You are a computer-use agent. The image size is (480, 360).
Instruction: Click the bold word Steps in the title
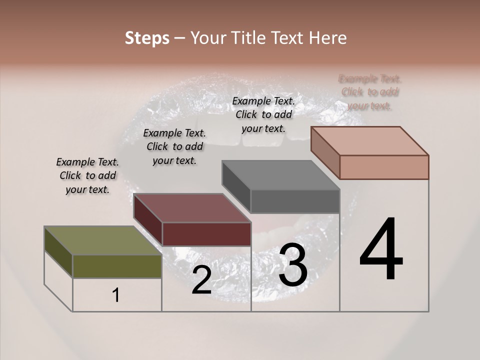point(147,38)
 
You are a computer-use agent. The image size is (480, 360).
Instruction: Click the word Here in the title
point(327,38)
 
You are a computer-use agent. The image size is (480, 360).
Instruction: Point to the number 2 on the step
point(201,280)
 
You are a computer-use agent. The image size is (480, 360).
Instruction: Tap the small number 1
point(116,295)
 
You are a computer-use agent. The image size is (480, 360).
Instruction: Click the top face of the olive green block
point(102,241)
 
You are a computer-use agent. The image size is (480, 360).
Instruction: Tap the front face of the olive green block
point(117,266)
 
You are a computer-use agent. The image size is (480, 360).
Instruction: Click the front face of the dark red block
point(206,234)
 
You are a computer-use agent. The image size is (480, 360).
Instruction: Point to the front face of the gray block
point(295,201)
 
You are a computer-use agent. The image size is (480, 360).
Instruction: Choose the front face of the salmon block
point(384,167)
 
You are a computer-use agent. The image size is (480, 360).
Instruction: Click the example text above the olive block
point(87,176)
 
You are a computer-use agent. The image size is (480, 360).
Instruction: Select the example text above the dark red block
point(174,147)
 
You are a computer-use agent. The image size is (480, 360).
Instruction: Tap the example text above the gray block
point(263,114)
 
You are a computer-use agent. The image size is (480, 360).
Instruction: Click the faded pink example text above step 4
point(370,92)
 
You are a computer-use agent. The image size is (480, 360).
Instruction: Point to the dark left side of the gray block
point(236,186)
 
